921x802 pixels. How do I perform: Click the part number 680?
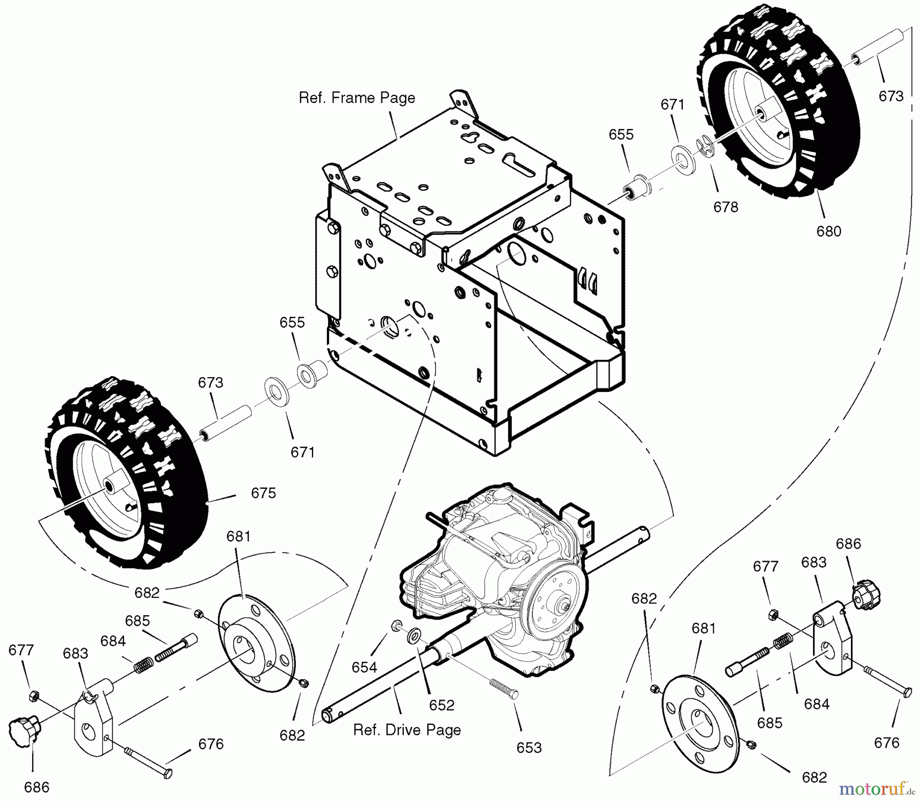(x=828, y=231)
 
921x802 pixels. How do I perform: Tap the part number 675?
(x=264, y=493)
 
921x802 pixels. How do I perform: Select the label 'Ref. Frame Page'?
(x=357, y=98)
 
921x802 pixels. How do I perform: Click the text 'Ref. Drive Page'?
(x=407, y=730)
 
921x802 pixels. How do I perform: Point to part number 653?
(x=529, y=748)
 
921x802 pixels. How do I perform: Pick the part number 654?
(x=364, y=667)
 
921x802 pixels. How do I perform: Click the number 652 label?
(x=442, y=705)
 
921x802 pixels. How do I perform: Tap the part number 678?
(x=726, y=207)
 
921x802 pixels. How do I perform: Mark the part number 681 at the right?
(x=704, y=628)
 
